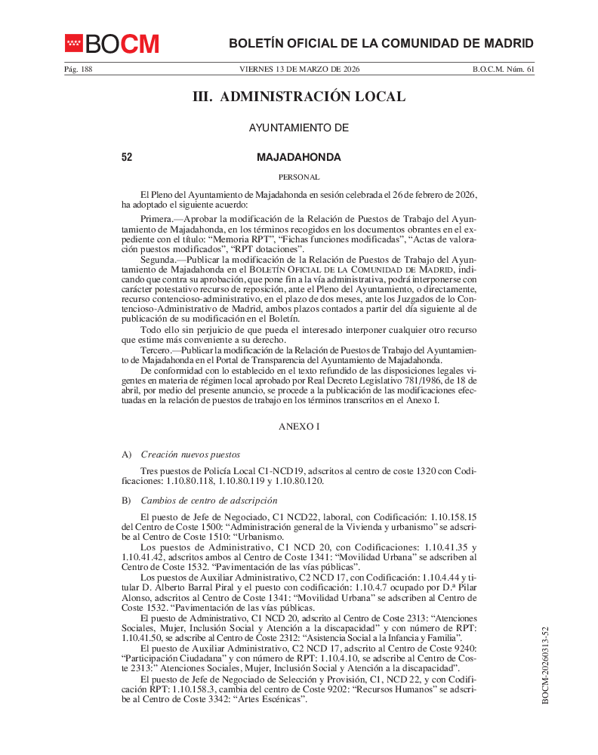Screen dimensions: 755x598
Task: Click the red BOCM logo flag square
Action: (73, 44)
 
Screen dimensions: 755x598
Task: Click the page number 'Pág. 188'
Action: (78, 69)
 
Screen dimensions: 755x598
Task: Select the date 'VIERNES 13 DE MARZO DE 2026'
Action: (299, 69)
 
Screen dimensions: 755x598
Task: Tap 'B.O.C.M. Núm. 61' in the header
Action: (503, 69)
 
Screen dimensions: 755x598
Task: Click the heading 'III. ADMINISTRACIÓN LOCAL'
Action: (299, 97)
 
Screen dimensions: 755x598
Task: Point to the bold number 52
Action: (127, 158)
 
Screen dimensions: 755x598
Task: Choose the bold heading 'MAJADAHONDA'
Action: (299, 158)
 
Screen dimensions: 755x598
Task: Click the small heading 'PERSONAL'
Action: (299, 177)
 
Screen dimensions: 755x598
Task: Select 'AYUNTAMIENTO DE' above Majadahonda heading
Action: (299, 128)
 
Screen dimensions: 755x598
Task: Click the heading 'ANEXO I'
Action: (299, 427)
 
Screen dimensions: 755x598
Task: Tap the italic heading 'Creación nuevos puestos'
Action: (190, 455)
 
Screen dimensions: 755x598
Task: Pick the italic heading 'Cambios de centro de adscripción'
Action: (208, 501)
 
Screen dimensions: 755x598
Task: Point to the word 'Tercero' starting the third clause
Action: (156, 351)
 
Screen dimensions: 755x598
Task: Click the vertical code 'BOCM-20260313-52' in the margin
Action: (545, 665)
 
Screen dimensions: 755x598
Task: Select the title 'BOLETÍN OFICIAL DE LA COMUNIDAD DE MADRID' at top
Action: (381, 44)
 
